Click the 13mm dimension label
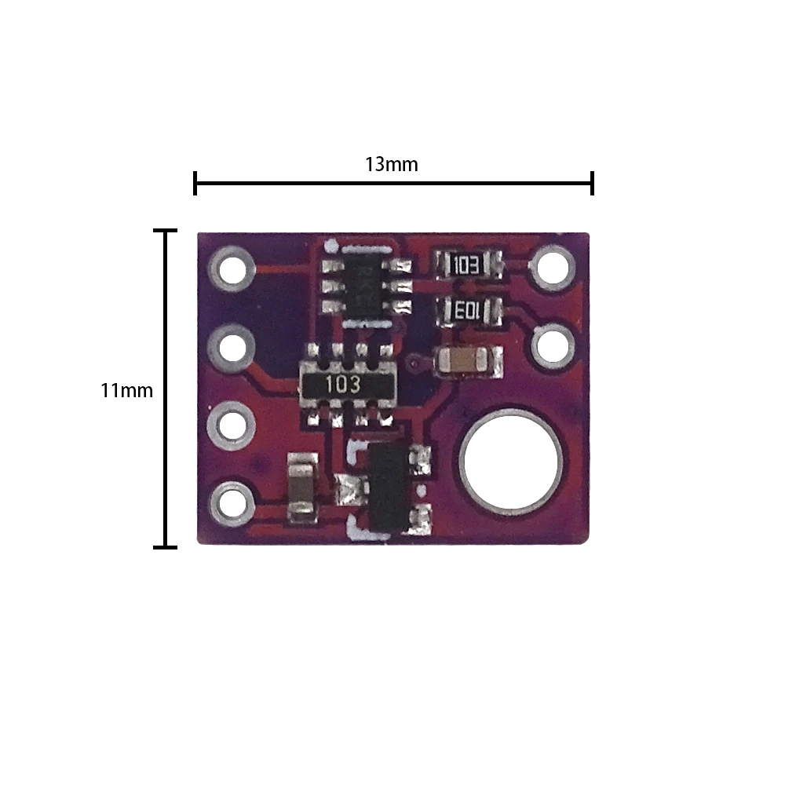pos(391,164)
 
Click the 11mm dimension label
pos(126,390)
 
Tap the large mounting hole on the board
pos(511,462)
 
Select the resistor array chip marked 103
pos(348,385)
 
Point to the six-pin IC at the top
pos(367,287)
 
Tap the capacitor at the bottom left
pos(302,487)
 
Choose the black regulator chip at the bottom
pos(388,488)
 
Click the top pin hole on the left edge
pos(232,268)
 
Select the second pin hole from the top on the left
pos(232,348)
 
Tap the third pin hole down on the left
pos(232,426)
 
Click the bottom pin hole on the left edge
pos(232,503)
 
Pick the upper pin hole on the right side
pos(553,268)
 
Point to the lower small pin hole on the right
pos(553,345)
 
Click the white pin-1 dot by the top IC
pos(331,246)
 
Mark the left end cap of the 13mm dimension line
pos(195,183)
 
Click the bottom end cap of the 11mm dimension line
pos(165,547)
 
